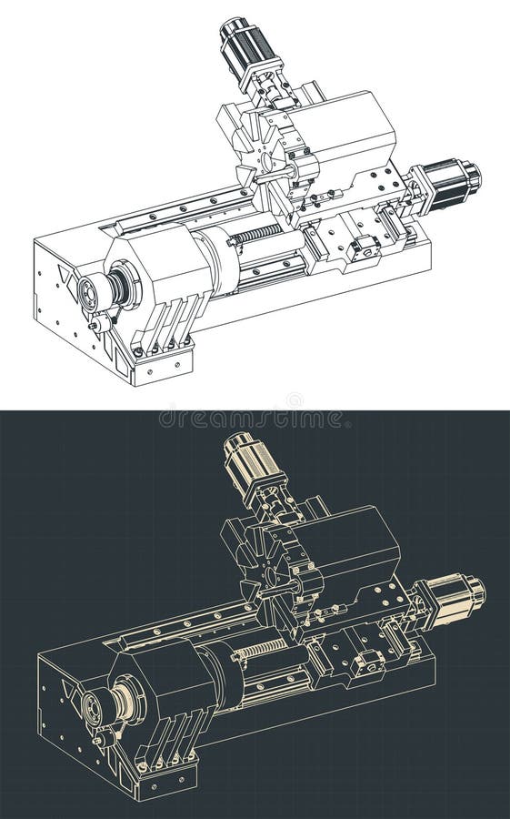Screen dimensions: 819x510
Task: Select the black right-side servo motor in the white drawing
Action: click(x=448, y=183)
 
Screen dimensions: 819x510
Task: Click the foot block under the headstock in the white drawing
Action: click(x=162, y=366)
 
